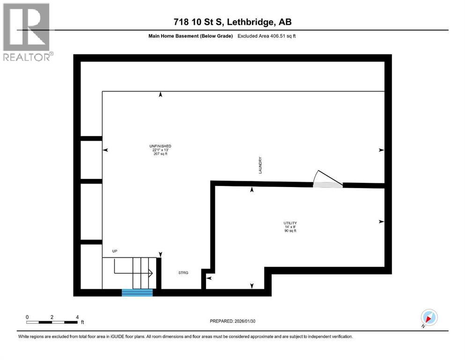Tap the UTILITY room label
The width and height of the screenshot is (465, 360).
(x=290, y=223)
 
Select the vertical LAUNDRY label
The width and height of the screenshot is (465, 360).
(x=260, y=165)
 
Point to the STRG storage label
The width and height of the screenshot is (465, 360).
(x=183, y=272)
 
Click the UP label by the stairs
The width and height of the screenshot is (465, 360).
(x=115, y=251)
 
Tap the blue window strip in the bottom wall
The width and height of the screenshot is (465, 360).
(x=137, y=292)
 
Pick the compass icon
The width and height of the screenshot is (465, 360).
(x=429, y=318)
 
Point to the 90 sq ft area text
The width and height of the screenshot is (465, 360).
(x=290, y=231)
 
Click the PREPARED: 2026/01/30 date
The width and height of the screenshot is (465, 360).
(x=233, y=321)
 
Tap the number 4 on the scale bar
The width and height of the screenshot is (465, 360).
(x=77, y=316)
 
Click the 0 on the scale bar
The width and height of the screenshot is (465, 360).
(x=27, y=316)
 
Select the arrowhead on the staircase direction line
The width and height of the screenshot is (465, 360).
(x=151, y=273)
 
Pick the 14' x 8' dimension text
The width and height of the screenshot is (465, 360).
(x=290, y=227)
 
